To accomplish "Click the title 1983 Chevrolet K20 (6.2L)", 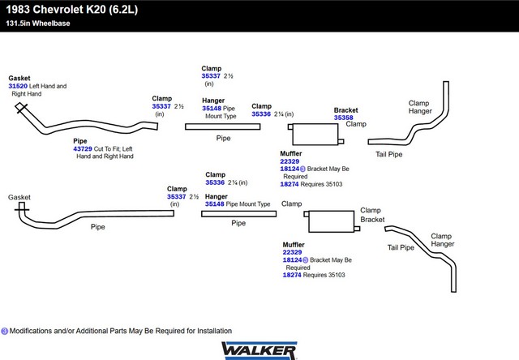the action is tap(72, 10).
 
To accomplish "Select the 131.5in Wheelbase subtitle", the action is tap(38, 24).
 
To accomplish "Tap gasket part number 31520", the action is tap(18, 86).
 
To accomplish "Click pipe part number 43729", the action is tap(83, 149).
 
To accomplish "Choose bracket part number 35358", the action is tap(344, 118).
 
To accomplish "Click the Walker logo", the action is tap(259, 351).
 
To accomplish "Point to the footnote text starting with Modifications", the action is tap(121, 331).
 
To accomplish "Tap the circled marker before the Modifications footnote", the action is tap(5, 331).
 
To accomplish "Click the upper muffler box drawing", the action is tap(315, 135).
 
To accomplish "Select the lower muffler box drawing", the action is tap(332, 221).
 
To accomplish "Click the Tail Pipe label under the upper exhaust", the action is tap(389, 154).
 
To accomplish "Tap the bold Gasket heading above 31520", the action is tap(19, 78).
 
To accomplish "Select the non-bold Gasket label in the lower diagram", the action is tap(19, 197).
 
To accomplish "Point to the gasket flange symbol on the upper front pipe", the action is tap(21, 108).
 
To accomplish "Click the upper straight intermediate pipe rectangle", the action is tap(223, 126).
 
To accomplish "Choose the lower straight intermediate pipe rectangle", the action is tap(239, 214).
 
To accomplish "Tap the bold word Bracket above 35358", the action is tap(346, 110).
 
